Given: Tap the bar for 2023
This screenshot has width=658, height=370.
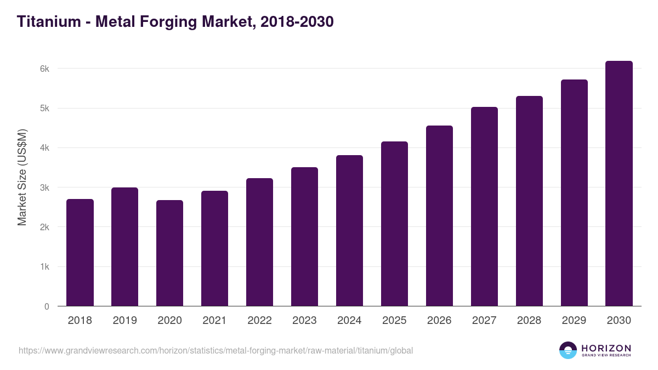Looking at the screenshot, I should pos(304,236).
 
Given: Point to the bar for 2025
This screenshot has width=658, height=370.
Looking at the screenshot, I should pos(394,224).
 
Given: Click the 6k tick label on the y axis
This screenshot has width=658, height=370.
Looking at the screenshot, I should pos(44,69).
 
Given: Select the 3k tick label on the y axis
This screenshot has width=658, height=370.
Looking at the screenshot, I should pos(44,188).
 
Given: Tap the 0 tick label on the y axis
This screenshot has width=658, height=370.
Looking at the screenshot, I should pos(47,307).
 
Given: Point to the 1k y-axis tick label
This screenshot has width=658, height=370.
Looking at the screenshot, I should pos(44,267).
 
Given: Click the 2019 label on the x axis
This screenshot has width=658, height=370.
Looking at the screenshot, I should pos(125,321).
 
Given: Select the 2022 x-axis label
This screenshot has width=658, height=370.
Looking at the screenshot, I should pos(259,321).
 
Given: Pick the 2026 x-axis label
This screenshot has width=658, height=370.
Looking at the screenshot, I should pos(439,321).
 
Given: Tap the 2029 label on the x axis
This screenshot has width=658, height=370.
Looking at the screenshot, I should pos(574,321).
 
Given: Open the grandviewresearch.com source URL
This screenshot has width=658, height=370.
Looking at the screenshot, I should pos(215,350).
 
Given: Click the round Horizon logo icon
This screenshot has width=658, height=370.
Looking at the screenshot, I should pos(568,350).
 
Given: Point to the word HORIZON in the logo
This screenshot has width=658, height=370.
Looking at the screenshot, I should pos(606,348).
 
